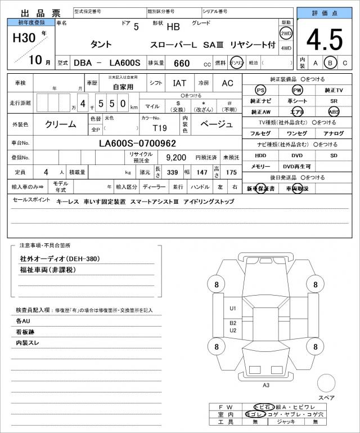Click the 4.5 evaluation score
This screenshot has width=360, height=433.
325,39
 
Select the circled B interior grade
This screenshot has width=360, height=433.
331,63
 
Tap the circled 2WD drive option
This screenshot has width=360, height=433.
286,33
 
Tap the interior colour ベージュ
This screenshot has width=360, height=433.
216,124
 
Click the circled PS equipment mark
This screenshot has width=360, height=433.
260,90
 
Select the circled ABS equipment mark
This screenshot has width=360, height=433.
334,111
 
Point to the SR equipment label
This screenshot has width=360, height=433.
334,101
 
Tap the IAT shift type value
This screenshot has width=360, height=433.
180,83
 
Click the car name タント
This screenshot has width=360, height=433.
101,44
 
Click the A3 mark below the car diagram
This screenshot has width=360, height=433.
266,385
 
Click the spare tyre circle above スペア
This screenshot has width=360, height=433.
326,384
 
